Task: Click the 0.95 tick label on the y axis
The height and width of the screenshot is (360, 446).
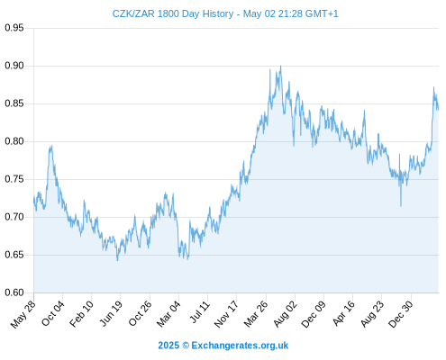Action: pyautogui.click(x=14, y=28)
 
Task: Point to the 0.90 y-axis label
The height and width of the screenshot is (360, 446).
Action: pyautogui.click(x=14, y=66)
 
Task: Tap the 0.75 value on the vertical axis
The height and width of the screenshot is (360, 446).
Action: pyautogui.click(x=14, y=179)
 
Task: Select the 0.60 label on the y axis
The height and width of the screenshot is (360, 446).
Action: pyautogui.click(x=14, y=292)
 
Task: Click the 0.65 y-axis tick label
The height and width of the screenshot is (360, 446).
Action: pyautogui.click(x=14, y=255)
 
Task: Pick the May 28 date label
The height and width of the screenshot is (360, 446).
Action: pyautogui.click(x=23, y=314)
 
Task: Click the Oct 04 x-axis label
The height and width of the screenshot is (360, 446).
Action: pyautogui.click(x=52, y=313)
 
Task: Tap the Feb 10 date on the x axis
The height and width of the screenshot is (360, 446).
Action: pyautogui.click(x=81, y=314)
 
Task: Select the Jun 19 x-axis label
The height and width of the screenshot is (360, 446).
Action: pyautogui.click(x=111, y=313)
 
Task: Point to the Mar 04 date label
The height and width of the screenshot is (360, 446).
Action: pyautogui.click(x=168, y=314)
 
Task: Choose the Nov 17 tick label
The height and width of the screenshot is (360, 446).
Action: pyautogui.click(x=226, y=314)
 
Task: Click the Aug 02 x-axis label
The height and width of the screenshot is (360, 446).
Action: pyautogui.click(x=285, y=314)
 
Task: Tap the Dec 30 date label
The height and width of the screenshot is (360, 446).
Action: pyautogui.click(x=401, y=314)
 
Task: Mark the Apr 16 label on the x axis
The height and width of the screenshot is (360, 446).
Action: pyautogui.click(x=343, y=313)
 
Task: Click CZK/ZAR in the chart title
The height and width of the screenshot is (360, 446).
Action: pyautogui.click(x=133, y=13)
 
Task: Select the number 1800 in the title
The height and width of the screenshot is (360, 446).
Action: pyautogui.click(x=168, y=13)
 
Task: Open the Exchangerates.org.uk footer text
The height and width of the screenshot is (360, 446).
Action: pyautogui.click(x=240, y=346)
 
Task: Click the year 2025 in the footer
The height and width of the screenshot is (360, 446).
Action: pyautogui.click(x=168, y=346)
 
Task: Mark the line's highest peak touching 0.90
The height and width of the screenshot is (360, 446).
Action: pyautogui.click(x=281, y=66)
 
